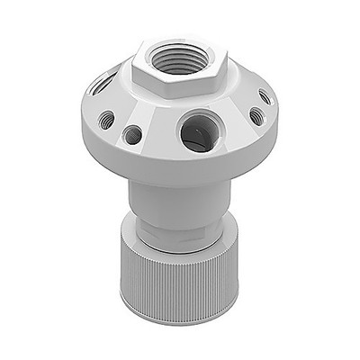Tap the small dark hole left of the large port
coord(132,135)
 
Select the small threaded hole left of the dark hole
coord(106,119)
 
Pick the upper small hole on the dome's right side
coord(263,95)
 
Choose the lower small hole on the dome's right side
coord(256,116)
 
